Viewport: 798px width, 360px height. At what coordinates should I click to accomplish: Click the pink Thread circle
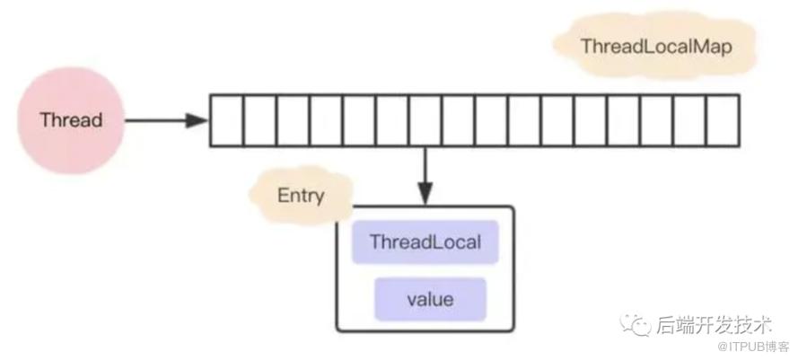point(71,120)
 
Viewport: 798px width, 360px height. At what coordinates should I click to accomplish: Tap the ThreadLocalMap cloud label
point(655,46)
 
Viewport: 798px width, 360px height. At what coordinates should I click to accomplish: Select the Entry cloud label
point(302,196)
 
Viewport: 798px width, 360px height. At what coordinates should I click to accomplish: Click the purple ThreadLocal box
point(425,241)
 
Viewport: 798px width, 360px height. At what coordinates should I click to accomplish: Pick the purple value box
point(431,300)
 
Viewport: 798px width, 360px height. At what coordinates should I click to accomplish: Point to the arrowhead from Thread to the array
point(197,120)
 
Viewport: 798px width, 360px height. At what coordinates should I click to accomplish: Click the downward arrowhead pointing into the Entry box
point(425,194)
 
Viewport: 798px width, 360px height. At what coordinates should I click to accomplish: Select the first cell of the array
point(226,120)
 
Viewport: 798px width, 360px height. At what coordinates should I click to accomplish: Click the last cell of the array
point(723,120)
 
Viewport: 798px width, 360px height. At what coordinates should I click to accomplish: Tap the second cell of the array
point(260,120)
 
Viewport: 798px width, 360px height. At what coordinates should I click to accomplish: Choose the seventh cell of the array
point(425,120)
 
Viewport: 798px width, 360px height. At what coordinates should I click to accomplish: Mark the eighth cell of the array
point(459,120)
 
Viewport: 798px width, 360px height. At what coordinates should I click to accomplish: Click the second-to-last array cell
point(690,120)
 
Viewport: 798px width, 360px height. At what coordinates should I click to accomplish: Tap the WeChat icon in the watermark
point(635,324)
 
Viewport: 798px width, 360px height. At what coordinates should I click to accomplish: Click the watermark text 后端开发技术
point(714,324)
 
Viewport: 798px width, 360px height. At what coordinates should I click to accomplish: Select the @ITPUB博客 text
point(753,347)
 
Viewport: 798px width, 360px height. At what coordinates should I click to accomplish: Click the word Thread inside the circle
point(71,120)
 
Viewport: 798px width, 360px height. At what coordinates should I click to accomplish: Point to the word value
point(430,300)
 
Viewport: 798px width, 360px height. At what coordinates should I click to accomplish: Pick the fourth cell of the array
point(326,120)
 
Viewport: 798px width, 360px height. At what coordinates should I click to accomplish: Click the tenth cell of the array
point(525,120)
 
